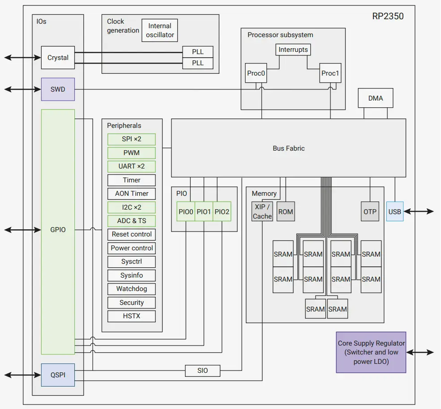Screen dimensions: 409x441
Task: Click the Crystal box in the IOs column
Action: click(58, 58)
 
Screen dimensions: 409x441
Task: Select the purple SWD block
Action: click(58, 89)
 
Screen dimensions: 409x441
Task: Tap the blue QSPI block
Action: click(58, 375)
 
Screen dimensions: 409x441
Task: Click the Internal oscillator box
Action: click(160, 30)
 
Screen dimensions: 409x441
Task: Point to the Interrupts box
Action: click(293, 50)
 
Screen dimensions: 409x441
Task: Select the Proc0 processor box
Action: click(256, 73)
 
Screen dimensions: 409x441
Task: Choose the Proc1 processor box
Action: click(330, 73)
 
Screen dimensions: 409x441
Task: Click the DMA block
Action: click(375, 98)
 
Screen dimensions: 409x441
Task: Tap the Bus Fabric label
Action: click(288, 148)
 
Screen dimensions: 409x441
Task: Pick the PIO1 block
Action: click(204, 211)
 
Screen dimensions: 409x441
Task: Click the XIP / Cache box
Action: click(262, 211)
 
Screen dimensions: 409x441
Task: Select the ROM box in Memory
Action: click(286, 211)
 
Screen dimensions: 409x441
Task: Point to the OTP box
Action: click(370, 211)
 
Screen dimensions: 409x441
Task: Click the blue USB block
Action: click(394, 211)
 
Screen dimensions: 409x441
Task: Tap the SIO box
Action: click(202, 371)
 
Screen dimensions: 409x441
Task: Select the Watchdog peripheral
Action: click(132, 289)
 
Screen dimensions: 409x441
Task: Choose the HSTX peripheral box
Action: click(132, 316)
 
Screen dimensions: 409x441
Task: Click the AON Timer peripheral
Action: click(132, 194)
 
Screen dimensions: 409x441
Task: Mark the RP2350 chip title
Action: click(388, 17)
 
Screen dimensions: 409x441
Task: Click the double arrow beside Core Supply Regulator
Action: click(420, 352)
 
